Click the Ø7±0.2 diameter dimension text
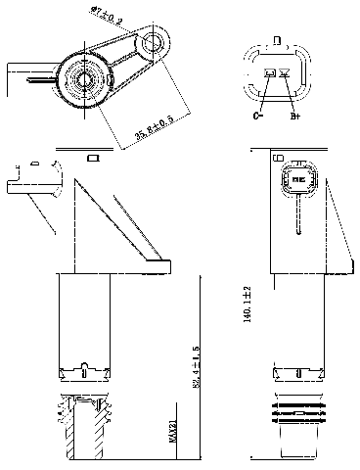(x=107, y=15)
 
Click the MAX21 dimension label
(x=173, y=431)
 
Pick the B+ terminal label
(x=293, y=116)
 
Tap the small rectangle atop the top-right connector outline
(x=278, y=41)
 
